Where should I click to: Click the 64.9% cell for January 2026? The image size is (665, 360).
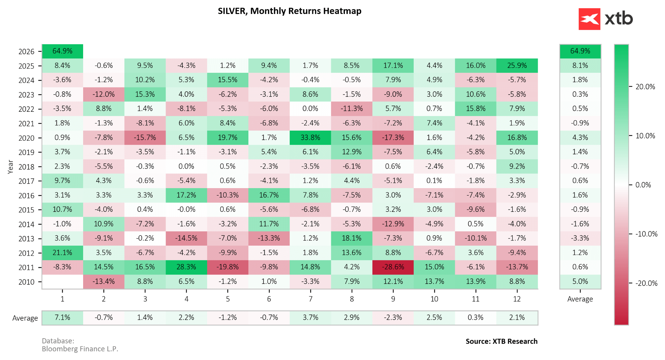pos(62,51)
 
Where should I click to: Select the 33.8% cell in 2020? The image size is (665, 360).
pos(310,137)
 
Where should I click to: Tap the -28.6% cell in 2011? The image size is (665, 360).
pos(393,267)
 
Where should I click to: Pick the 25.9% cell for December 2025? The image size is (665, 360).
pos(517,66)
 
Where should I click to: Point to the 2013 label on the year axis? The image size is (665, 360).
pos(26,239)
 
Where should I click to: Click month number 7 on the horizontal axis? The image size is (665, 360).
pos(310,299)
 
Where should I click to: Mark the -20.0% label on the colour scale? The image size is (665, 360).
pos(646,283)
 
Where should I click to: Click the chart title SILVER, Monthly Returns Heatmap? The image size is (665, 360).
pos(289,11)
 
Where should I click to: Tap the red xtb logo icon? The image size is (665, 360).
pos(589,19)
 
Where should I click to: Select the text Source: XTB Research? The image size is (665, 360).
pos(501,341)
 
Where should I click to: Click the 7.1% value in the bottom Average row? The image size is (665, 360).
pos(62,317)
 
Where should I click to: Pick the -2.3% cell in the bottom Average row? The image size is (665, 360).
pos(393,317)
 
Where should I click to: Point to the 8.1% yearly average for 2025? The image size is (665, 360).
pos(580,66)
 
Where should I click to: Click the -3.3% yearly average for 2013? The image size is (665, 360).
pos(580,238)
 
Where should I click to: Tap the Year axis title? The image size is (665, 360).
pos(10,167)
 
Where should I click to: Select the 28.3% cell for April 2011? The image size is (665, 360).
pos(186,267)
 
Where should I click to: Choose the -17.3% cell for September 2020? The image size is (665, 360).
pos(393,137)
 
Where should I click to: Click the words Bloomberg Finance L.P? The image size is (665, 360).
pos(80,349)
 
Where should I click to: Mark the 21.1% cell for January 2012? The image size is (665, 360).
pos(62,252)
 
